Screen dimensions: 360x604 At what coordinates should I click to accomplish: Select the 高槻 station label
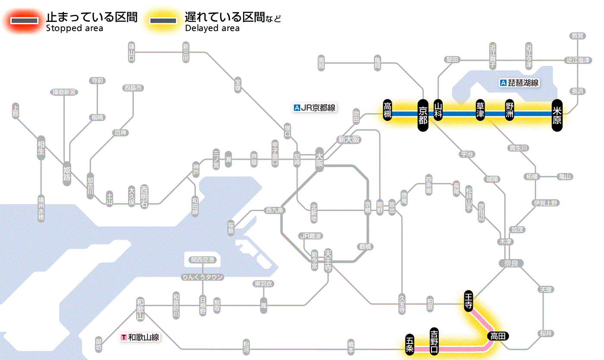[388, 111]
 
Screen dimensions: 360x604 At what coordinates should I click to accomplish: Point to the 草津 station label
[480, 111]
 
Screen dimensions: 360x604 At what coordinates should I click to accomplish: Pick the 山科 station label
[438, 111]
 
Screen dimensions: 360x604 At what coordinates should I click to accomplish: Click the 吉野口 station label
[434, 341]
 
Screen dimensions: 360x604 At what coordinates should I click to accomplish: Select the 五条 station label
[410, 344]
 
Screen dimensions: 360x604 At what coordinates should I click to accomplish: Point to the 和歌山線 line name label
[141, 337]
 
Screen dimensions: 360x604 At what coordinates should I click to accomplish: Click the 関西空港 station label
[202, 260]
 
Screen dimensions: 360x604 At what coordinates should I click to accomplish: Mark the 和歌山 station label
[140, 308]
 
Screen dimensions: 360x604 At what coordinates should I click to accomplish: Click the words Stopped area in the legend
[75, 28]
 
